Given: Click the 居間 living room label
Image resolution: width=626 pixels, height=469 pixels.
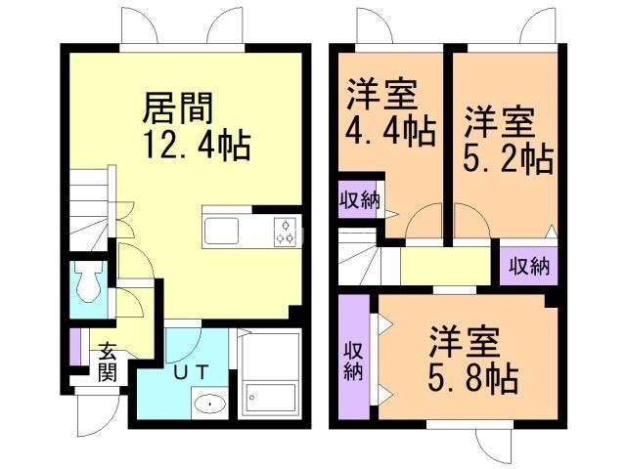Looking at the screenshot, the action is (178, 107).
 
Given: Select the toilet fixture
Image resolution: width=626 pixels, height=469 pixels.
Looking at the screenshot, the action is (89, 281).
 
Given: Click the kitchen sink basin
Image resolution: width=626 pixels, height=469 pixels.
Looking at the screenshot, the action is (222, 231).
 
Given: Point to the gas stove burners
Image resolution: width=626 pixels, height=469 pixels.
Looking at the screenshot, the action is (285, 232).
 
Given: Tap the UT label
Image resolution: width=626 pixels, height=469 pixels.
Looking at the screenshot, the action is (191, 372).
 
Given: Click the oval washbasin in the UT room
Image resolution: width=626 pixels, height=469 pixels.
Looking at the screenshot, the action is (208, 404).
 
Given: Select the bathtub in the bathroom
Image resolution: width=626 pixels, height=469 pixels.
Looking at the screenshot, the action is (270, 398).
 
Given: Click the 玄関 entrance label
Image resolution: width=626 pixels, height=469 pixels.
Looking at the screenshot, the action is (108, 362).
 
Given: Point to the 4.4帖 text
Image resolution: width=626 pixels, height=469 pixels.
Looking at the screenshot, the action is (390, 130).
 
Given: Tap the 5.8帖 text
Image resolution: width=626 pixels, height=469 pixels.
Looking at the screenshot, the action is (473, 378).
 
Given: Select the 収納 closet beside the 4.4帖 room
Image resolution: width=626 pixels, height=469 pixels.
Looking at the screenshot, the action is (359, 199).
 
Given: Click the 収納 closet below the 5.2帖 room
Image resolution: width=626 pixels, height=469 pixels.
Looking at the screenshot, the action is (528, 266).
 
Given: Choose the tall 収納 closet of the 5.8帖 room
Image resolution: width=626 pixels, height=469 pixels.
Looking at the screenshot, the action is (354, 357).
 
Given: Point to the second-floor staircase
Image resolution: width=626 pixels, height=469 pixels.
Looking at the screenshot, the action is (359, 256).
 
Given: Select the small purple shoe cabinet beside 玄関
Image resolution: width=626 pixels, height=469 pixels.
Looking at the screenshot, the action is (75, 347).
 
